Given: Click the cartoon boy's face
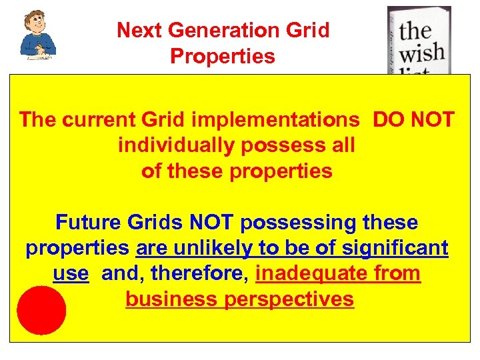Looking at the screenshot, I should (36, 24).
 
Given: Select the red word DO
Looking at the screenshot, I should (386, 120).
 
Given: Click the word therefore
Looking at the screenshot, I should (198, 273).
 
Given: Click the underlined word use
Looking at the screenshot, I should (70, 273).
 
